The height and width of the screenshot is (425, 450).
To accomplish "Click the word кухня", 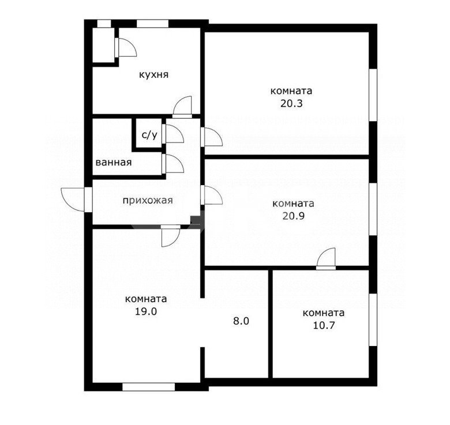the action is pos(153,75).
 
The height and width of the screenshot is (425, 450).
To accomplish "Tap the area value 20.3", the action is pos(291,103).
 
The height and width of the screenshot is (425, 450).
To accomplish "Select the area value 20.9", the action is pos(293,216).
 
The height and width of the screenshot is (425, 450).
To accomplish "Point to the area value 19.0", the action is pos(146,311).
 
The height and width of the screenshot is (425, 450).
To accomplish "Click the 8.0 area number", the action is pos(241,321).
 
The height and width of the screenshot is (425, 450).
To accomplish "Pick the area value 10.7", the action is pos(324,325).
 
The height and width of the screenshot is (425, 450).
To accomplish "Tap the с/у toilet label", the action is pos(149,135).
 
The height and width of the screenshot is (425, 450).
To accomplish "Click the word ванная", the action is pos(113,162).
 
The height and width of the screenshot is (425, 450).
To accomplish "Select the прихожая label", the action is pos(148,201).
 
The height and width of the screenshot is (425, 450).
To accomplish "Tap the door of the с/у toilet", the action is pos(172,134).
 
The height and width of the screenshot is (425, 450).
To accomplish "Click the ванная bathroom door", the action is pos(172,164).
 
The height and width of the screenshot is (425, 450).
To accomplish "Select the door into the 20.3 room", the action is pos(212,137).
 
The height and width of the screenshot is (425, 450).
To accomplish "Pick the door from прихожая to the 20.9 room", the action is pos(212,195).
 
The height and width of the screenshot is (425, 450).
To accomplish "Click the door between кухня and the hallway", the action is pos(182,107).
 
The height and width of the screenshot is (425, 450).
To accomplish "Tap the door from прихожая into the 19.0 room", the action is pos(170,236).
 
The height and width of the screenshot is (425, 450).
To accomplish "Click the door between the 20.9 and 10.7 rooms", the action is pos(326,259).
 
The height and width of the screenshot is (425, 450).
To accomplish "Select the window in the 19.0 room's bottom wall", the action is pos(149,387).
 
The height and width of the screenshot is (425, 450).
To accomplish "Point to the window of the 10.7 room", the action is pos(373,319).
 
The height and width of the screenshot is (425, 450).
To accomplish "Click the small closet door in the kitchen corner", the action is pos(125,47).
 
